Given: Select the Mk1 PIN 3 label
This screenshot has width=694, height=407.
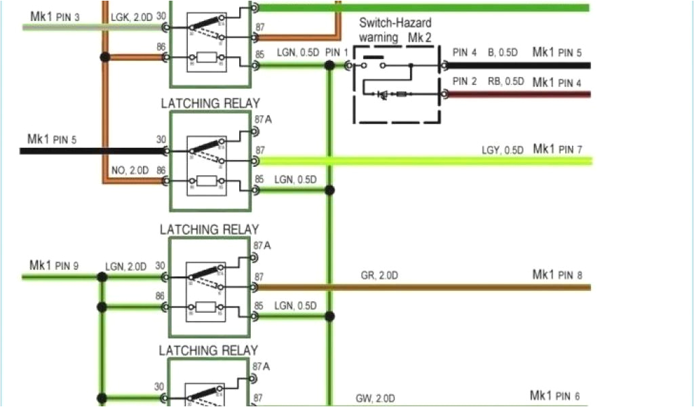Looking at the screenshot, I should click(x=55, y=15).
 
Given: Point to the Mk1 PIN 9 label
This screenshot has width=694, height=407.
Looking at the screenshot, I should click(x=54, y=265).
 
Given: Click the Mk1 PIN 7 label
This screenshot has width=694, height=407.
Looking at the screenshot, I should click(x=557, y=149).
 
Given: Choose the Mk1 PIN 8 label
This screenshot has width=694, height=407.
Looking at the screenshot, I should click(x=557, y=275).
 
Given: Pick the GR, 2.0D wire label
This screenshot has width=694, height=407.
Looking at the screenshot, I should click(x=380, y=276).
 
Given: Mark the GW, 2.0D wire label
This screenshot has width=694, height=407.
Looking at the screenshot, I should click(x=375, y=398).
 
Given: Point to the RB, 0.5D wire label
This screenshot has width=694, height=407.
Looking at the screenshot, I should click(x=506, y=81).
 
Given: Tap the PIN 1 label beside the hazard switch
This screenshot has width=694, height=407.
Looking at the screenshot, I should click(x=337, y=52).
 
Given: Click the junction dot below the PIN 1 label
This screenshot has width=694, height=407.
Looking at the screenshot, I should click(x=330, y=66).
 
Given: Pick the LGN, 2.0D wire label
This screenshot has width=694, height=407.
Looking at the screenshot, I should click(x=126, y=267).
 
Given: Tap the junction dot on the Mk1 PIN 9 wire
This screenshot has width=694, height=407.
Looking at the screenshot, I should click(x=102, y=277).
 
